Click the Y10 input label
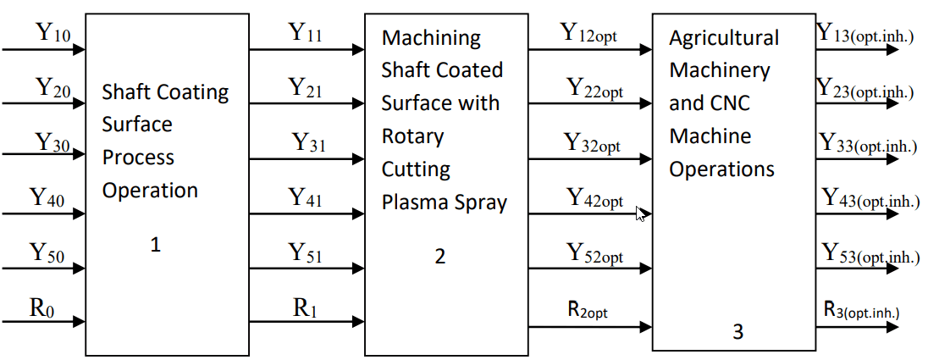tap(53, 34)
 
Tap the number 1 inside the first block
tap(155, 246)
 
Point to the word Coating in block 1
tap(190, 91)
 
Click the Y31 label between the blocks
tap(308, 143)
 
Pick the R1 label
tap(305, 307)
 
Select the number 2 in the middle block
tap(440, 256)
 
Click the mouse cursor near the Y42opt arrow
tap(641, 214)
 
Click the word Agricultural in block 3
tap(724, 38)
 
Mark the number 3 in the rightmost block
tap(737, 333)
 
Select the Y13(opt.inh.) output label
tap(864, 34)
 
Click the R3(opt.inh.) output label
tap(861, 310)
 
